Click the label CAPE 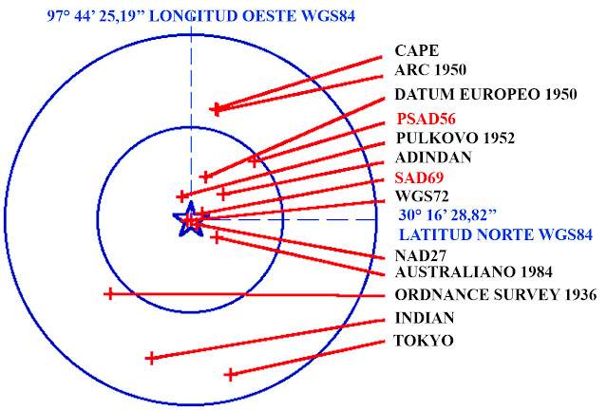pos(417,51)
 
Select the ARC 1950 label pos(431,70)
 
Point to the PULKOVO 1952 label pos(455,139)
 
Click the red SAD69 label pos(419,177)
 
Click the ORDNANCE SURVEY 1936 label pos(495,295)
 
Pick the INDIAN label pos(425,318)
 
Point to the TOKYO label pos(423,340)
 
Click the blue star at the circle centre pos(190,220)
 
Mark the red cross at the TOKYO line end pos(229,375)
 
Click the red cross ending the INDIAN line pos(150,358)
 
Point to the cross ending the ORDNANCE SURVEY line pos(109,294)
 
